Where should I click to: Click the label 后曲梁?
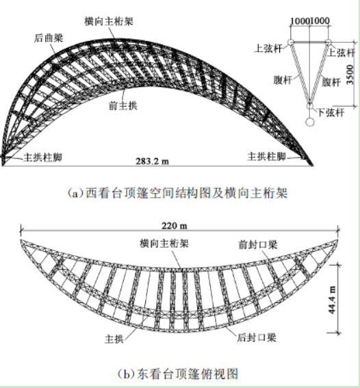[x=49, y=38]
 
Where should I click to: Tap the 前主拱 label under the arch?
[x=123, y=105]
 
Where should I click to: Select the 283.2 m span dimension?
[x=152, y=161]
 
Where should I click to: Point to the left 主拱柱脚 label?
[x=42, y=157]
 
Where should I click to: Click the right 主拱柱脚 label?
[x=267, y=157]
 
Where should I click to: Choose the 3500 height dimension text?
[x=350, y=75]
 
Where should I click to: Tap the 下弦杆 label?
[x=331, y=113]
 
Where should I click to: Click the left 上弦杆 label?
[x=268, y=49]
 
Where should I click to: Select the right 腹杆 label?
[x=331, y=82]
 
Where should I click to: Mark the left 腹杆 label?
[x=283, y=79]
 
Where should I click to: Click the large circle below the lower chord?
[x=310, y=122]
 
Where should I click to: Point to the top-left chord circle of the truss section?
[x=290, y=42]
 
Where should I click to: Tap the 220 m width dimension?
[x=175, y=226]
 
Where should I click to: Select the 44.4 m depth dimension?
[x=332, y=300]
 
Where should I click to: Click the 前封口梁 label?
[x=258, y=244]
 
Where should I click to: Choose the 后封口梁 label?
[x=257, y=337]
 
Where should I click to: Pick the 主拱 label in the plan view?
[x=114, y=339]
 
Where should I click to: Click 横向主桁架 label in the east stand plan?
[x=164, y=244]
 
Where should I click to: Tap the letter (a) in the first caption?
[x=76, y=193]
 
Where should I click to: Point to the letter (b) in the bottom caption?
[x=126, y=374]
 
